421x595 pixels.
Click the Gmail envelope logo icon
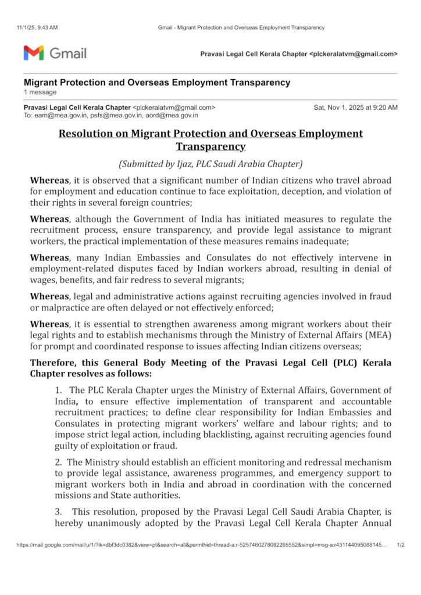point(34,53)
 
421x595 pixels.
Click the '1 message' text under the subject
point(40,92)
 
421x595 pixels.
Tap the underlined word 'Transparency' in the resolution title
point(211,146)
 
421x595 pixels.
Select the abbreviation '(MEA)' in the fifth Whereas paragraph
point(379,335)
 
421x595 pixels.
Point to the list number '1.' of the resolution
point(59,390)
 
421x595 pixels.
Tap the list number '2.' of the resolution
point(59,463)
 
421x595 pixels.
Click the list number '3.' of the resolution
point(59,511)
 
